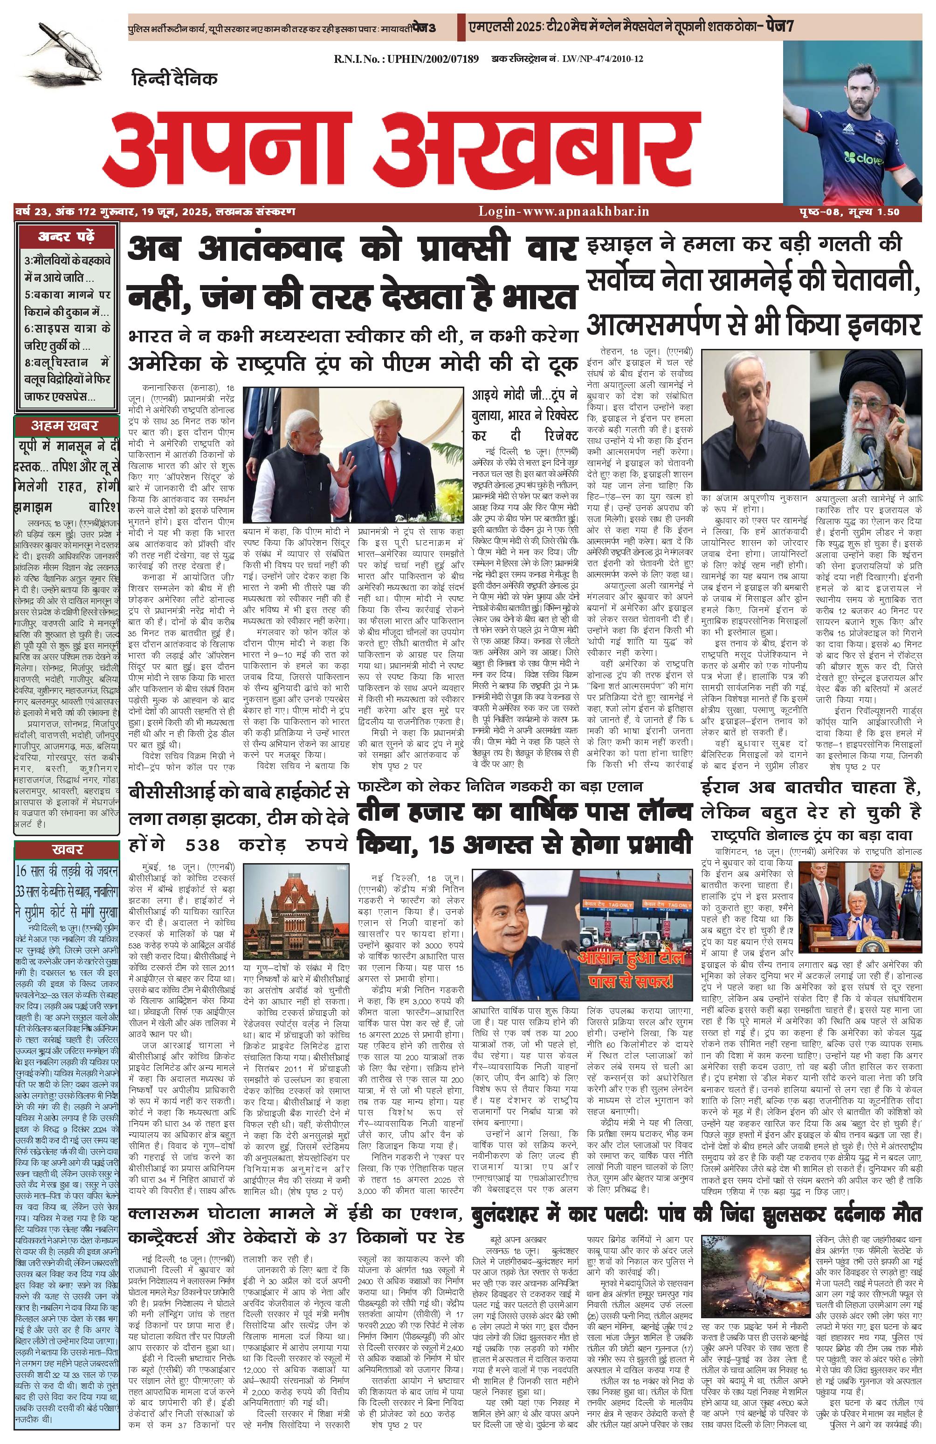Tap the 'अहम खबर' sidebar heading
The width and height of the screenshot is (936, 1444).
65,425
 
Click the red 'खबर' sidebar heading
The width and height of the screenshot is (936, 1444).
67,849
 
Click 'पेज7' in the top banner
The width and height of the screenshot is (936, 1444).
779,26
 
